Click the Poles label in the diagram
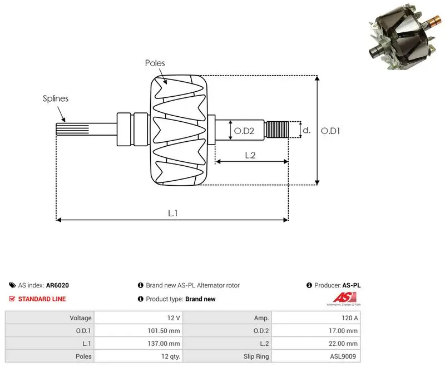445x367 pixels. pyautogui.click(x=155, y=63)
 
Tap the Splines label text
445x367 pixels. pyautogui.click(x=56, y=98)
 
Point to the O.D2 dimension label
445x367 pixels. pyautogui.click(x=244, y=131)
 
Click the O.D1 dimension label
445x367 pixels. pyautogui.click(x=330, y=131)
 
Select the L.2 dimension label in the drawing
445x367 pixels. pyautogui.click(x=250, y=155)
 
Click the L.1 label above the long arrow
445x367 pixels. pyautogui.click(x=172, y=213)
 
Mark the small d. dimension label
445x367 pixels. pyautogui.click(x=306, y=130)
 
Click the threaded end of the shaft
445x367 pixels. pyautogui.click(x=276, y=130)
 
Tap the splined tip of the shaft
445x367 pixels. pyautogui.click(x=72, y=129)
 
